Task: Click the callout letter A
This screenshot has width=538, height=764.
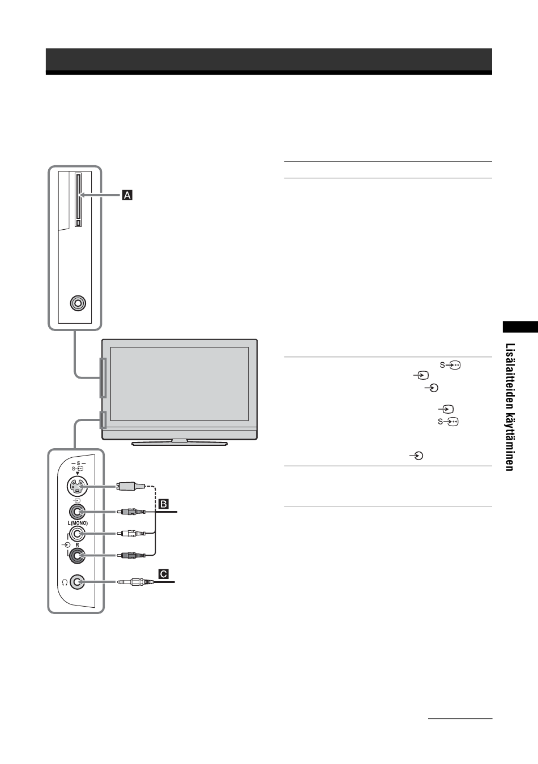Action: [127, 195]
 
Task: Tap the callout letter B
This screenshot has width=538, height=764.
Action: [164, 504]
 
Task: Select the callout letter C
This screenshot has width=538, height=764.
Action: [164, 574]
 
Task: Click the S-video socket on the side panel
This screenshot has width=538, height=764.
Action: [78, 486]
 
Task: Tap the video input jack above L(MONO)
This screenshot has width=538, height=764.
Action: [77, 512]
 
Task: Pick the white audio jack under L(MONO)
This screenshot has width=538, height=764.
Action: [77, 534]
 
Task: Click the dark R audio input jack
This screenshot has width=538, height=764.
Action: [77, 556]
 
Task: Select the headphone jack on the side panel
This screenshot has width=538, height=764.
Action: [77, 582]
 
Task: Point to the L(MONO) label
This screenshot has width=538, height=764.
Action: [78, 523]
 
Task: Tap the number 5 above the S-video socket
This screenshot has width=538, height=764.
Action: [79, 463]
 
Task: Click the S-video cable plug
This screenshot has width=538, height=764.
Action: [131, 486]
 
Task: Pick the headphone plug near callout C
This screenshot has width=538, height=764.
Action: [135, 582]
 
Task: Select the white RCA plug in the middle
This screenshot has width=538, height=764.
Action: [131, 534]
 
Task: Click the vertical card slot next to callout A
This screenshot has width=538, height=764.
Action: [78, 200]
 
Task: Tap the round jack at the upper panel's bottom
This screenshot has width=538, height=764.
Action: [78, 303]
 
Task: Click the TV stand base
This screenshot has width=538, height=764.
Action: [180, 443]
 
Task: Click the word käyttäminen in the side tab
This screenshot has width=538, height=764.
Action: [510, 442]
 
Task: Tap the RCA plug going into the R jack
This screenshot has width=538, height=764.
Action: [131, 556]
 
